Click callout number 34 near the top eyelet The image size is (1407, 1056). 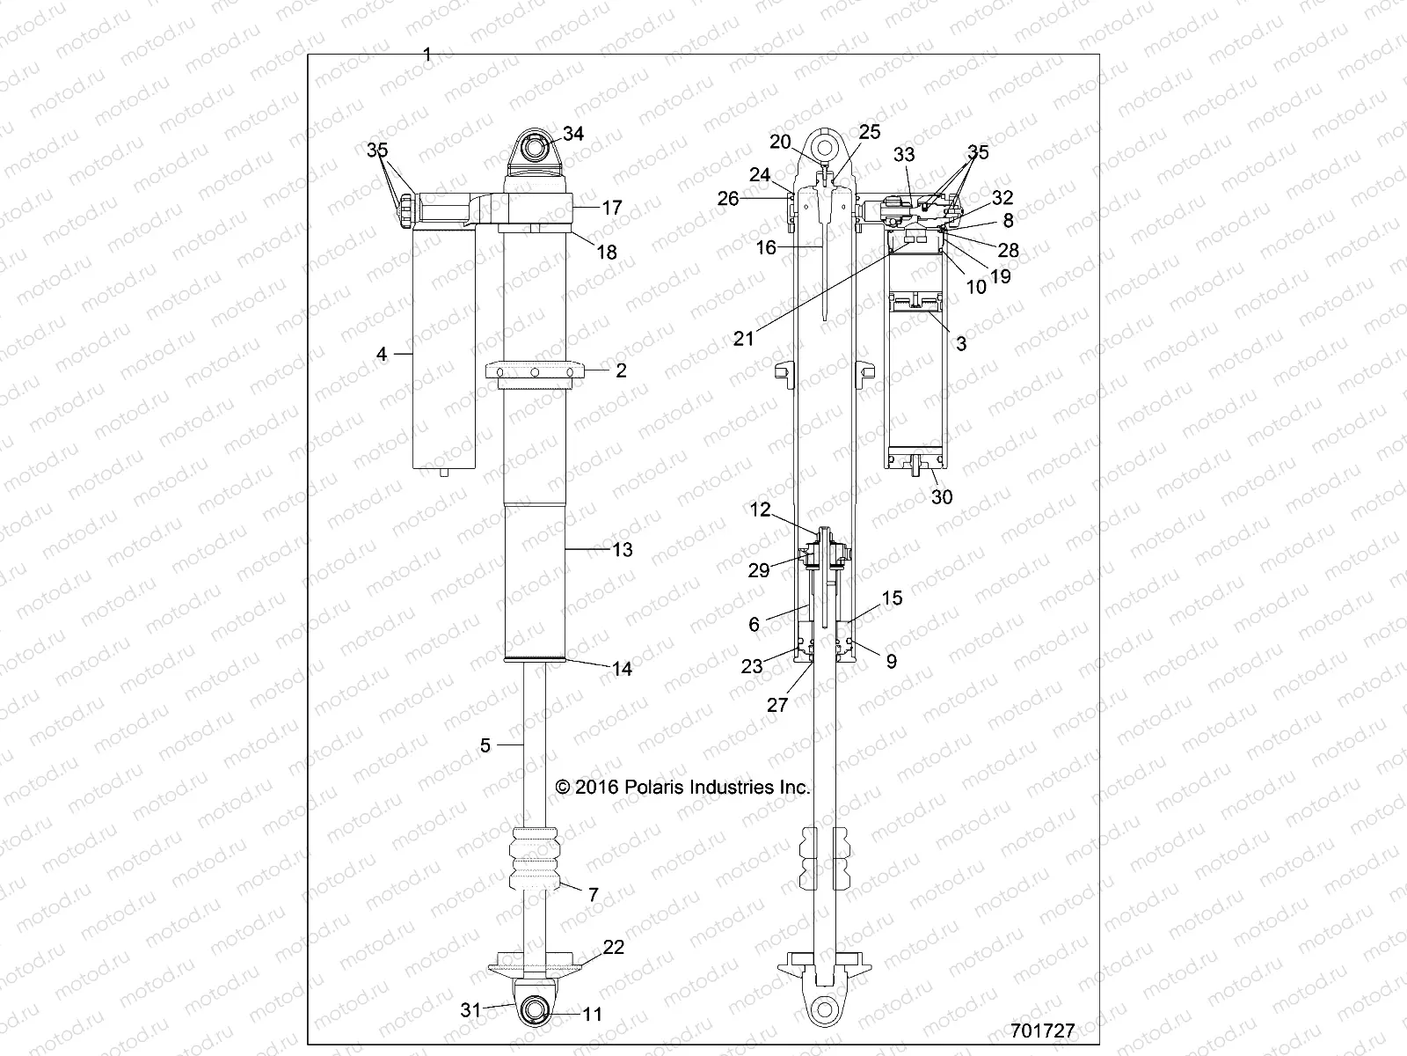tap(573, 134)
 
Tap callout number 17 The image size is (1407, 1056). tap(611, 208)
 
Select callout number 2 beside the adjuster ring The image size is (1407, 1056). tap(621, 370)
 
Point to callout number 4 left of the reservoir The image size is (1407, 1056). tap(382, 354)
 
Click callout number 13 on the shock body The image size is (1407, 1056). tap(622, 550)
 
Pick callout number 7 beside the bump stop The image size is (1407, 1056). tap(594, 895)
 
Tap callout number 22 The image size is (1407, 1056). tap(613, 947)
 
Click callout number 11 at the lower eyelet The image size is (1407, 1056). tap(593, 1015)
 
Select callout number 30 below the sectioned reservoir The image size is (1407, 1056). tap(942, 497)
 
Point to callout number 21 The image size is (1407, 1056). tap(744, 339)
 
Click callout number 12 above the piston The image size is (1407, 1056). tap(760, 510)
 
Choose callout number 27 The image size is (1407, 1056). tap(778, 705)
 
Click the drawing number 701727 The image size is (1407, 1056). tap(1042, 1030)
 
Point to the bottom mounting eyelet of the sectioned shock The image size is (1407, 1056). tap(823, 1008)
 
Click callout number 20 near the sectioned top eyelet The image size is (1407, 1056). tap(780, 142)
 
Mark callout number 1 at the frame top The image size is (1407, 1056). tap(427, 55)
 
